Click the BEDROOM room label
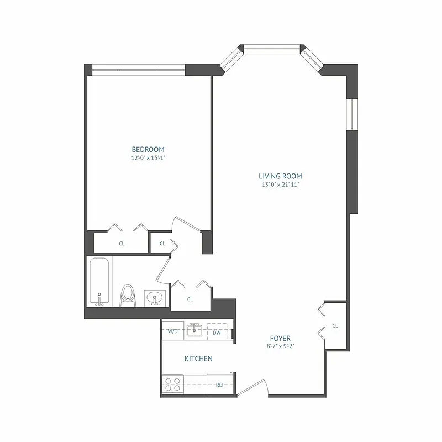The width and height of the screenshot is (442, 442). tap(148, 149)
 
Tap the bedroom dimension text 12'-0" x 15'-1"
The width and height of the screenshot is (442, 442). tap(148, 157)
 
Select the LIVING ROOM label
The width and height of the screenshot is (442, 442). tap(280, 176)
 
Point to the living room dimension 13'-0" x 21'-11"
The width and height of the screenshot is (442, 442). tap(280, 185)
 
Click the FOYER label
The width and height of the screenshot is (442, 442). tap(280, 338)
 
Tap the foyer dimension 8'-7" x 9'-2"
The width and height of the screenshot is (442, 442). tap(280, 346)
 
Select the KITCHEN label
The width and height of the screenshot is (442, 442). tap(198, 359)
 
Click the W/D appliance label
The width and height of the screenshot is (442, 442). tap(173, 332)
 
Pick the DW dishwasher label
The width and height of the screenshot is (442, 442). tap(217, 332)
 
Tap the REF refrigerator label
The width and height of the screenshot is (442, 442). tap(220, 385)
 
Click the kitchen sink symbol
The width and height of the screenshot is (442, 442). tap(194, 330)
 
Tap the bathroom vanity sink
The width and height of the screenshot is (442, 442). tap(155, 298)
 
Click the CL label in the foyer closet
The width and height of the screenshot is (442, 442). tap(335, 326)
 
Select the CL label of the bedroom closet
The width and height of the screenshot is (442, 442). tap(122, 243)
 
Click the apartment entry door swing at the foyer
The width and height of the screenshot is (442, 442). tap(253, 388)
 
